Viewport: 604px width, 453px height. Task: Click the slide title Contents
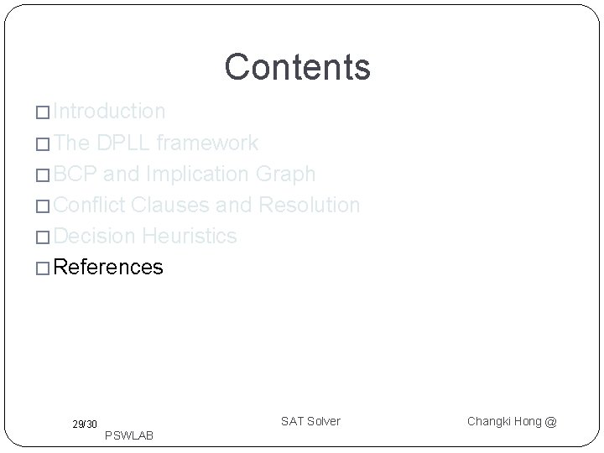[x=297, y=67]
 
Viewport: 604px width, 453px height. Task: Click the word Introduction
[x=109, y=112]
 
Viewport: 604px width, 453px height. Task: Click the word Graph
[x=287, y=174]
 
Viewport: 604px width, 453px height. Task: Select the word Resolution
[x=310, y=205]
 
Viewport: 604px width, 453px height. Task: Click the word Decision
[x=95, y=236]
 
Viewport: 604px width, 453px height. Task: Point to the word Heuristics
[x=190, y=236]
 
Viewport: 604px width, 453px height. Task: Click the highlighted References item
[x=108, y=268]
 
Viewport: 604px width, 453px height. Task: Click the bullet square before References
[x=44, y=268]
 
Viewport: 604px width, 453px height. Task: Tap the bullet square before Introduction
[x=44, y=112]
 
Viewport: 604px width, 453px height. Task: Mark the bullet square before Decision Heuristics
[x=44, y=237]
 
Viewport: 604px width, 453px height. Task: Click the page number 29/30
[x=84, y=424]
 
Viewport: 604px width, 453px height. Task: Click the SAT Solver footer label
[x=310, y=420]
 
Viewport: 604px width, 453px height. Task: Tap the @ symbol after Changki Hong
[x=550, y=421]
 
